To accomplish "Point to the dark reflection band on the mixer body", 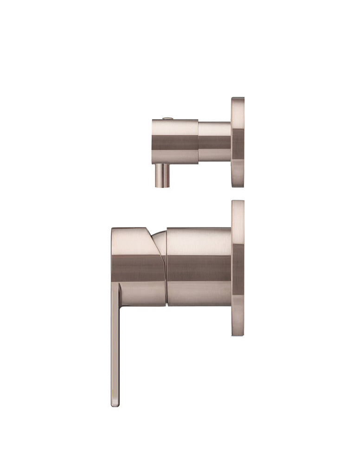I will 199,268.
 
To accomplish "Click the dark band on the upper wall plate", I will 238,144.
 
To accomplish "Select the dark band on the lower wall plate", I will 238,269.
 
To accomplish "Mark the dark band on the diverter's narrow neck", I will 214,142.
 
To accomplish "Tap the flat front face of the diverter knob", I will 154,141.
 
